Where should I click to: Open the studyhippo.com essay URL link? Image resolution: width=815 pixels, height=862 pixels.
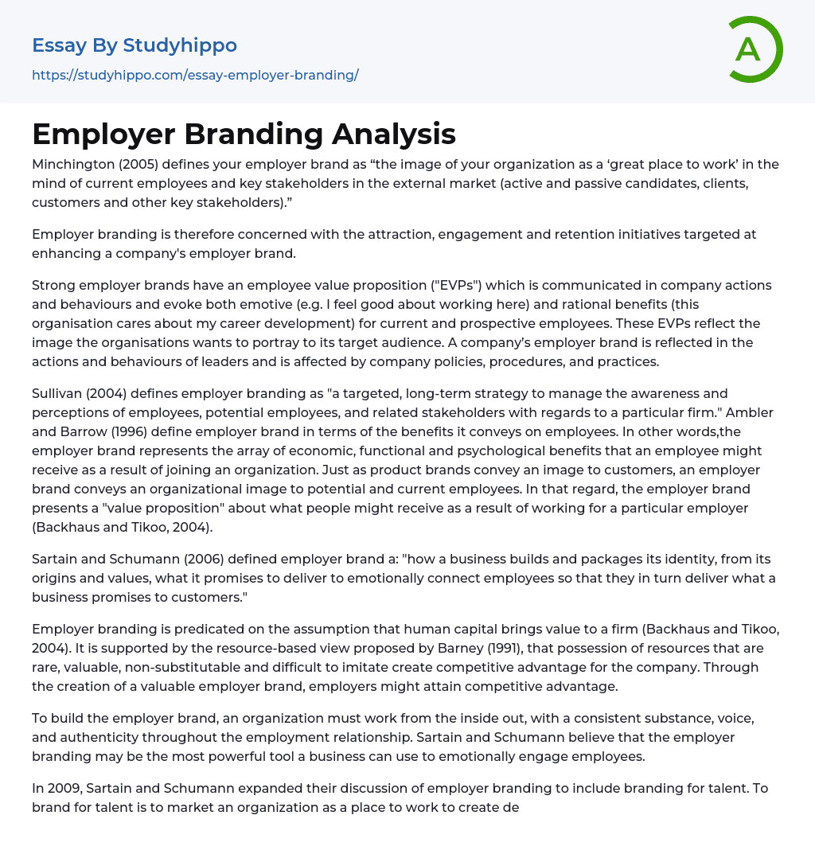click(195, 75)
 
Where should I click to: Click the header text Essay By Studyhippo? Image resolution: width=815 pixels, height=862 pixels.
click(135, 45)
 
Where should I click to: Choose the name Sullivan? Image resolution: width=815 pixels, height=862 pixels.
click(57, 394)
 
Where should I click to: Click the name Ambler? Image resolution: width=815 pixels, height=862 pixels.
click(752, 413)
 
